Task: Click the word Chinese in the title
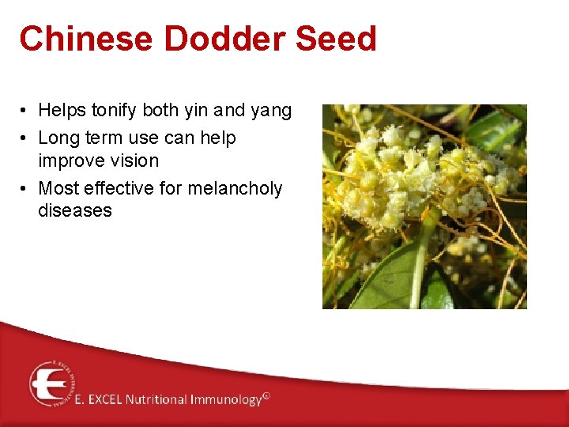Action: [x=72, y=39]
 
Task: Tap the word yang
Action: [x=271, y=111]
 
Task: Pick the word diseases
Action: [x=75, y=210]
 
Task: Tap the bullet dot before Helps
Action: [x=25, y=111]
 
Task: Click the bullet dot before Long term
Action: [x=25, y=138]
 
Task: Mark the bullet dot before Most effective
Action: [x=25, y=189]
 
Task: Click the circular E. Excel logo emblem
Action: [x=53, y=384]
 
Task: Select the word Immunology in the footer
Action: [x=225, y=400]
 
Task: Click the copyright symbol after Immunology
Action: [x=266, y=396]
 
